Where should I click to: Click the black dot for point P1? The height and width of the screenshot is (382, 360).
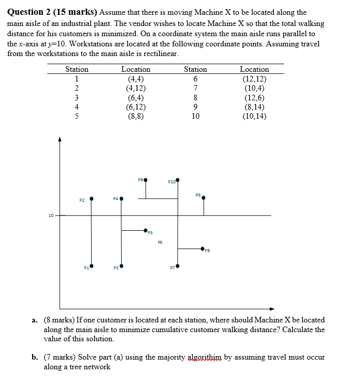92,265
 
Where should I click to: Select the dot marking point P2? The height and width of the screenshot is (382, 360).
92,199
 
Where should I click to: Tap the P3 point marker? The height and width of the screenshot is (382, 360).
121,265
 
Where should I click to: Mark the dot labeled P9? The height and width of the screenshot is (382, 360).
146,180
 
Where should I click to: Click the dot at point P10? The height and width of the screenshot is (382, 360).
177,180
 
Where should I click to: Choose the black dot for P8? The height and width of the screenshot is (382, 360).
203,249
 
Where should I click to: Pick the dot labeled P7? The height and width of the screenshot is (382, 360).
177,265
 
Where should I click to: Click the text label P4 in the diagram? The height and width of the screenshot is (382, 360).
116,199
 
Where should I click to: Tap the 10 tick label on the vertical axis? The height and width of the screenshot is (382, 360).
51,215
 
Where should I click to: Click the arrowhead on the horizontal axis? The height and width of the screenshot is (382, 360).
272,308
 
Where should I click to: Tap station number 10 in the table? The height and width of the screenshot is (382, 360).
196,116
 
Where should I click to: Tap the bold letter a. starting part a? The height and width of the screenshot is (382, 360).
35,320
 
